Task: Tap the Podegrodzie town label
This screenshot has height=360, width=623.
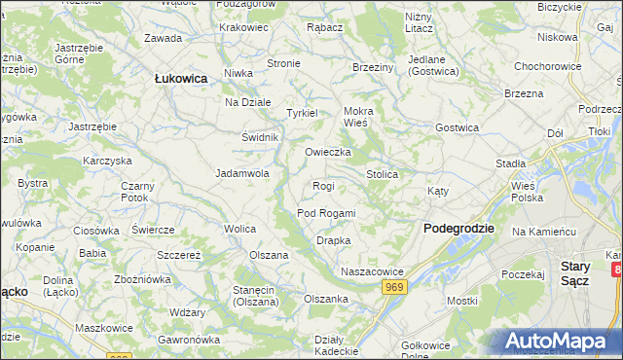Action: tap(459, 228)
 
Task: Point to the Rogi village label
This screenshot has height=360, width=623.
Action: tap(323, 186)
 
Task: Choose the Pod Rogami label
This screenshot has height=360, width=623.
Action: tap(326, 213)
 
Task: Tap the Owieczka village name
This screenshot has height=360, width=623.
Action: tap(327, 153)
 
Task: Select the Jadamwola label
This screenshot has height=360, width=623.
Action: tap(242, 174)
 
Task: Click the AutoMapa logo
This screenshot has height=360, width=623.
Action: tap(559, 342)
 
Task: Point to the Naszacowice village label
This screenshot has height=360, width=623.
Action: tap(371, 270)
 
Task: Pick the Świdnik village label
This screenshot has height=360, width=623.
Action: tap(261, 137)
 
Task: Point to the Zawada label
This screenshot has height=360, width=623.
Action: tap(163, 39)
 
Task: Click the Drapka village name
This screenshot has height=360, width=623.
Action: tap(333, 240)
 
